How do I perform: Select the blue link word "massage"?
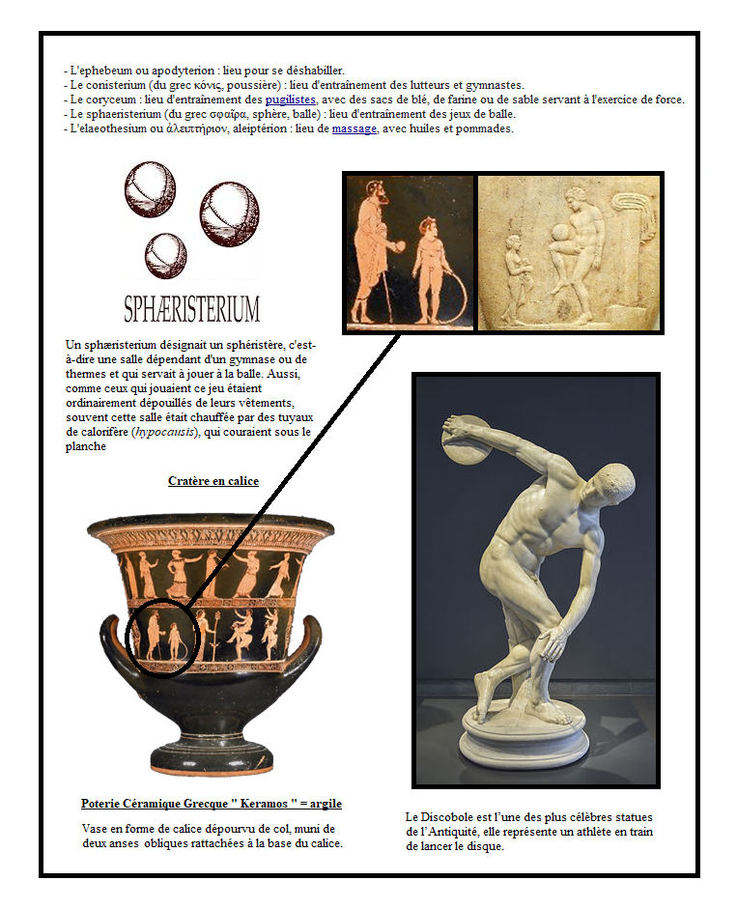[x=354, y=128]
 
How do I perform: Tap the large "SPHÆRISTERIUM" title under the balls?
[x=192, y=309]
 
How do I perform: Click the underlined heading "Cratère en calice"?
[x=213, y=480]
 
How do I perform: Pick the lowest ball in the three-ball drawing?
[x=164, y=255]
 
